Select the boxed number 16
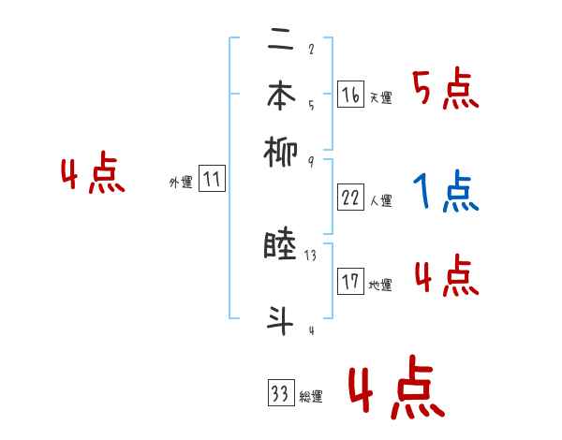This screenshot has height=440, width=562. (350, 94)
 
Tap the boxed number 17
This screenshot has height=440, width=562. (350, 281)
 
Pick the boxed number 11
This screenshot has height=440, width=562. (212, 180)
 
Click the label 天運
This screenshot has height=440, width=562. (380, 97)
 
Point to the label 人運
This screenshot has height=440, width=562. (380, 199)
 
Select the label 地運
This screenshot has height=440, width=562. (380, 285)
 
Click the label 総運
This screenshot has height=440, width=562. (310, 397)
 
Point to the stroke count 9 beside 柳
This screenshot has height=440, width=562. (310, 160)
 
